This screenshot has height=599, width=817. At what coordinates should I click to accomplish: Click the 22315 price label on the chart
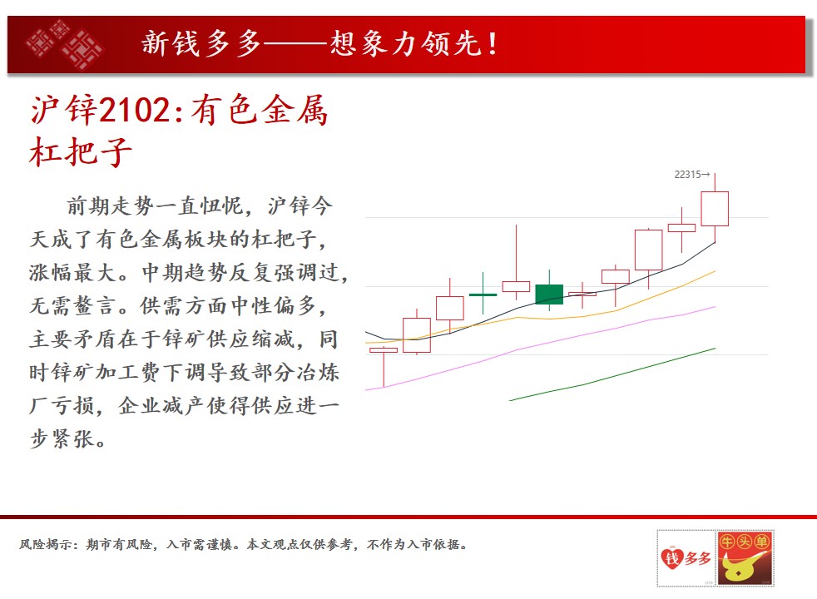click(691, 175)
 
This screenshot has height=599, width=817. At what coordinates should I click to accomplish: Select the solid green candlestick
click(549, 295)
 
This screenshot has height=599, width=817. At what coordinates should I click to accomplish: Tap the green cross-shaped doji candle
click(483, 295)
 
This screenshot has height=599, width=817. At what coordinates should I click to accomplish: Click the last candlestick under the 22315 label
click(715, 208)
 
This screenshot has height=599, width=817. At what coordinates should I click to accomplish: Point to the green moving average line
click(612, 375)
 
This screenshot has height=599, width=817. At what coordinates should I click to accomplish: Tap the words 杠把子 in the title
click(81, 152)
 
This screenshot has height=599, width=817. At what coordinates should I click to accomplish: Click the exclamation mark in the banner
click(493, 44)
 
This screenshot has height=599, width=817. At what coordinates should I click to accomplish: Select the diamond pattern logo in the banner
click(65, 44)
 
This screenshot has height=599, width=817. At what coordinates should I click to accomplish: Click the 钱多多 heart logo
click(686, 558)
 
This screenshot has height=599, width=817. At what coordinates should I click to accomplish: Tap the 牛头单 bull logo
click(745, 558)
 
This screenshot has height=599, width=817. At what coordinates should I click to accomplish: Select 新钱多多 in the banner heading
click(201, 44)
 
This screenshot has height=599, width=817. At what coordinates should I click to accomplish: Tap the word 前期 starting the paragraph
click(88, 205)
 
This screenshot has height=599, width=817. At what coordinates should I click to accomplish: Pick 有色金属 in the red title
click(260, 110)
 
